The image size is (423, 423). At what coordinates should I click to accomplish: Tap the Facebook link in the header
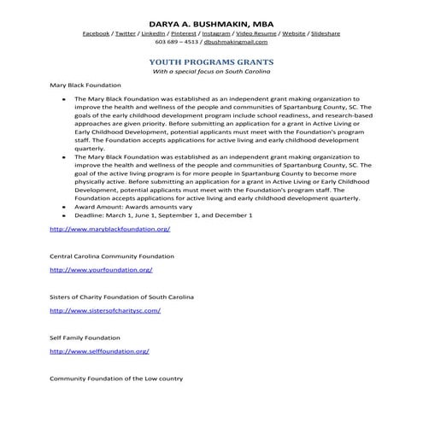(x=97, y=32)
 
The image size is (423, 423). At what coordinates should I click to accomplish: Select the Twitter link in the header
(x=128, y=32)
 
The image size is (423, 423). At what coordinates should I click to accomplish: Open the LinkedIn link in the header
(x=158, y=32)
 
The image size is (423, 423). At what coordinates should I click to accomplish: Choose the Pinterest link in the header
(x=192, y=32)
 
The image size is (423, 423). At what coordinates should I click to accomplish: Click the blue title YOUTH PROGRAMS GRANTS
(x=211, y=62)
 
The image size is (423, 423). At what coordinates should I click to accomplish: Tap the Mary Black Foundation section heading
(x=85, y=85)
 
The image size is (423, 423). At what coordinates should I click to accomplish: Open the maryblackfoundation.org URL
(x=109, y=229)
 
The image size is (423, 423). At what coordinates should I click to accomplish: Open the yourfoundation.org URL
(x=101, y=269)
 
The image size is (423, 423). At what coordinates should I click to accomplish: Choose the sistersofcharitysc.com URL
(x=105, y=310)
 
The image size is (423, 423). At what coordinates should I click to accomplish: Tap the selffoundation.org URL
(x=99, y=351)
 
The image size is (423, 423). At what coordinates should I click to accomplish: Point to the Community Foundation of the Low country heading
(x=115, y=378)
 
